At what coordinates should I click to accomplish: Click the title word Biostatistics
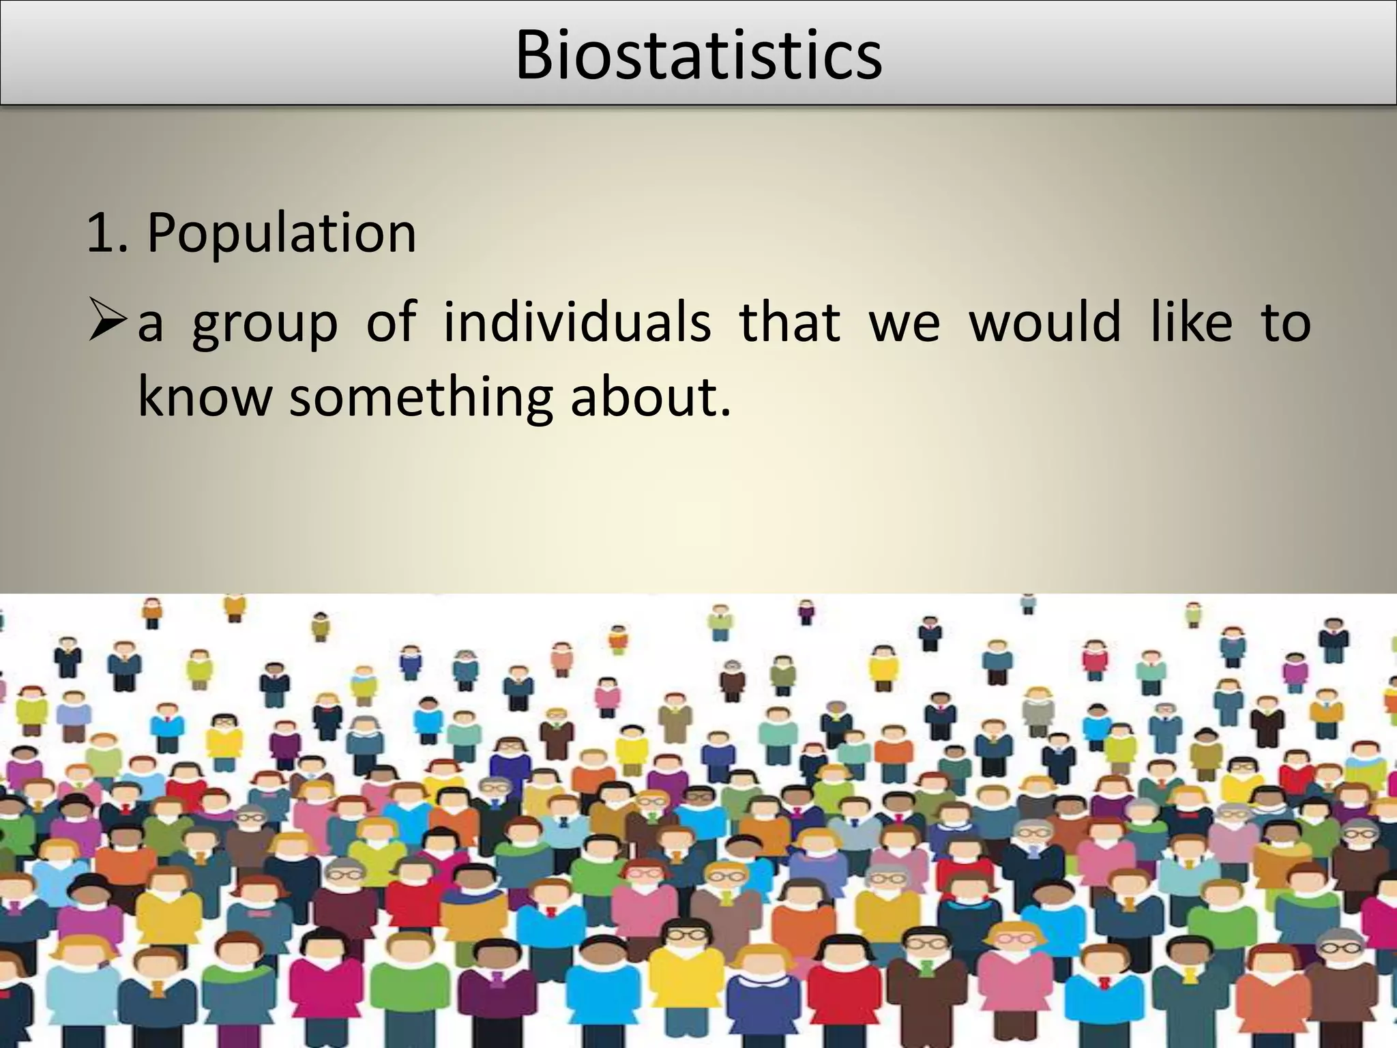pos(698,56)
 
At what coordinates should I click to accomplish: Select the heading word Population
pos(281,233)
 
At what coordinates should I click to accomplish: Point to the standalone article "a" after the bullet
pos(150,325)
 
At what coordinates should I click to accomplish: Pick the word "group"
pos(265,323)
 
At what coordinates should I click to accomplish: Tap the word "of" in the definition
pos(391,321)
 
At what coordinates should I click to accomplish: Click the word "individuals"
pos(577,321)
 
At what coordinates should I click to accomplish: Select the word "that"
pos(789,321)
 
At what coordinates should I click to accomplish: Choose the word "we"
pos(905,325)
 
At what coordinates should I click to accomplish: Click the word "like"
pos(1191,321)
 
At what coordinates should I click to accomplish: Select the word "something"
pos(421,398)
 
